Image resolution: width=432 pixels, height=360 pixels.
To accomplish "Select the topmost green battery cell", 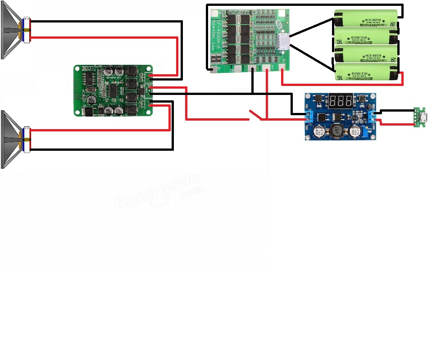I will click(366, 19).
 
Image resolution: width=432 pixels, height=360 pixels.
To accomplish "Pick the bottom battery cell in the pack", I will click(366, 72).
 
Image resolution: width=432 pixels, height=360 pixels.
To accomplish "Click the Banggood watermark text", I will click(158, 191).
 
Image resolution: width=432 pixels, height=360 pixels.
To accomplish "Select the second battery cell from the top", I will click(366, 36).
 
